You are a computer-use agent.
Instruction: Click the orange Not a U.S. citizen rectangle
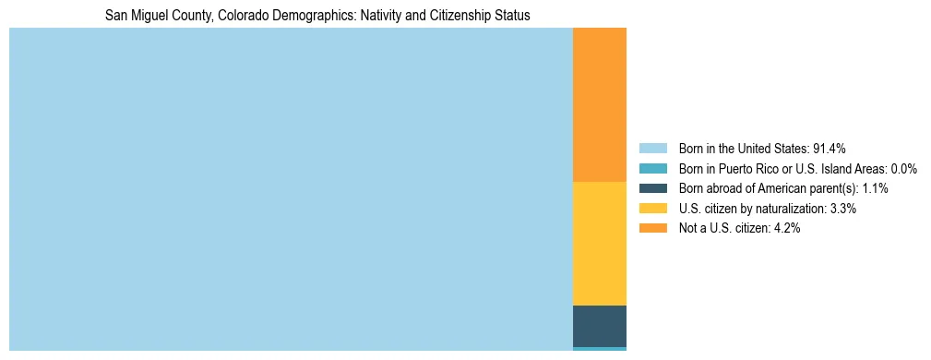(x=599, y=104)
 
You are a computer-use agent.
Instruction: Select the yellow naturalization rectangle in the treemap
(x=599, y=243)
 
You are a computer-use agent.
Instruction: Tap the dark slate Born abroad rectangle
(x=599, y=325)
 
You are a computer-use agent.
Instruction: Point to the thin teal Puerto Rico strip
(x=599, y=348)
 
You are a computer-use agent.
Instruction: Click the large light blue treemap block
(x=291, y=189)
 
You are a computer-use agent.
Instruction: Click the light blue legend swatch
(x=652, y=149)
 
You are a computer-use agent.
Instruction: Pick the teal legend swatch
(x=652, y=169)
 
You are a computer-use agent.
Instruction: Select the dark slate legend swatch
(x=652, y=188)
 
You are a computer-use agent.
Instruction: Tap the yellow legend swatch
(x=652, y=209)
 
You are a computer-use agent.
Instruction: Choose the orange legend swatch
(x=652, y=229)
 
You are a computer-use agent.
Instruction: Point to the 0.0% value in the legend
(x=903, y=169)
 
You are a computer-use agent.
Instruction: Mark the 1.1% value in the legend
(x=875, y=188)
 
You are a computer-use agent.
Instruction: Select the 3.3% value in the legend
(x=843, y=209)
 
